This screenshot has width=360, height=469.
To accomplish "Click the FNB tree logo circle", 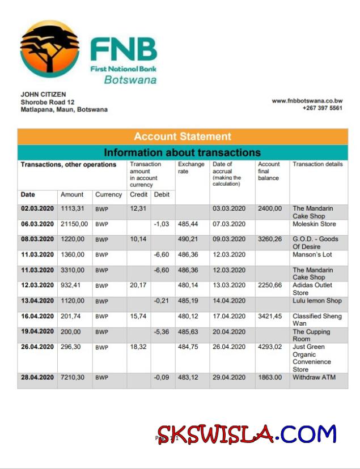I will coord(50,50).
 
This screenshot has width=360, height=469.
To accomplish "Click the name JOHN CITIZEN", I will coord(43,95).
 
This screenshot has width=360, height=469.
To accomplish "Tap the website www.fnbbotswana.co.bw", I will coord(307,100).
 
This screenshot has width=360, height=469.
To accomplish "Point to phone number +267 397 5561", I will coord(322,108).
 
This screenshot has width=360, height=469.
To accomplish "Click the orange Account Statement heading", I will coord(183,137).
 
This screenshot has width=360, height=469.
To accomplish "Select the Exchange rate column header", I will coord(191,168).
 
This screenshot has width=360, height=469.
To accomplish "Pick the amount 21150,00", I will coord(74,224).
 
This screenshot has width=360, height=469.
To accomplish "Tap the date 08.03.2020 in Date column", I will coord(37,239).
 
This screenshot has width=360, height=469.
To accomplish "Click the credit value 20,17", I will coord(138,285).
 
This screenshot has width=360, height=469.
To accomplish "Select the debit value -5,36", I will coord(162,331).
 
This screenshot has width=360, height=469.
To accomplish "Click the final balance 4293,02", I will coord(270,347).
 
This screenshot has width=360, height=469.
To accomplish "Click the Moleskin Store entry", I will coord(314,224).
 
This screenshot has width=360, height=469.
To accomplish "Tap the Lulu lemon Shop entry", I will coord(317,301).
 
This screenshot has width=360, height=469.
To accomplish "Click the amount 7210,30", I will coord(74,377).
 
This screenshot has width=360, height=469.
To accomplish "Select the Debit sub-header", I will coord(162,194).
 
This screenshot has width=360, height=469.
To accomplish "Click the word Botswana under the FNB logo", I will coord(130,80).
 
